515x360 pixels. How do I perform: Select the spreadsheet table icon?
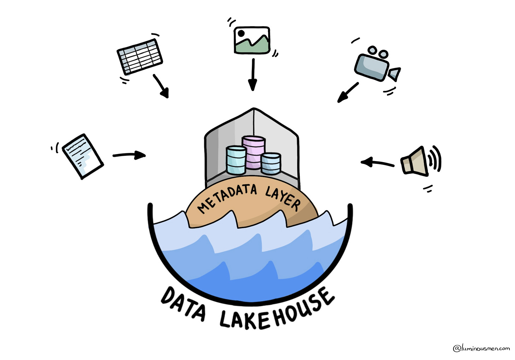click(140, 57)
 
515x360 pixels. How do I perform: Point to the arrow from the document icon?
click(129, 155)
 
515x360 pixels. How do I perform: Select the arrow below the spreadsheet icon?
click(161, 86)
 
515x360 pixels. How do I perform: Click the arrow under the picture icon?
click(252, 74)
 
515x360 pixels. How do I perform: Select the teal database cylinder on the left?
click(236, 160)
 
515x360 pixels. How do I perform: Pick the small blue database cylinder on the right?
click(271, 163)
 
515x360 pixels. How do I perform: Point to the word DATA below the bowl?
click(183, 304)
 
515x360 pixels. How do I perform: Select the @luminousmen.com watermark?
click(481, 348)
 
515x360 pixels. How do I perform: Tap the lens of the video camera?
click(395, 74)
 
